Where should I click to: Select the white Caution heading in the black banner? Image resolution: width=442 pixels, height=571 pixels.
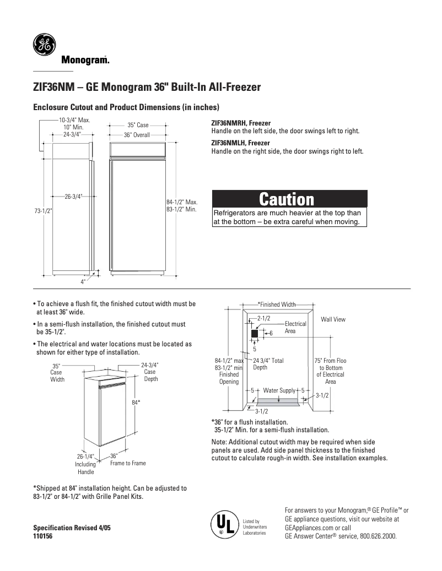tap(289, 199)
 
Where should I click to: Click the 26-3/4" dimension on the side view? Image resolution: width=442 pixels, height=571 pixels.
tap(73, 196)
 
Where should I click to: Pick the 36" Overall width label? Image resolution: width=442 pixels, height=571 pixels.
tap(137, 135)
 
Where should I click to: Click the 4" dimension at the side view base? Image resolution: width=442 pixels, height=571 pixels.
tap(83, 281)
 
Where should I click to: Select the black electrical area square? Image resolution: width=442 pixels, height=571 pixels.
tap(255, 334)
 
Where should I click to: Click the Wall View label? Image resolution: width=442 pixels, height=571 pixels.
tap(333, 319)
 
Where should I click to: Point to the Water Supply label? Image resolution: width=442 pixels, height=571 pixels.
tap(279, 390)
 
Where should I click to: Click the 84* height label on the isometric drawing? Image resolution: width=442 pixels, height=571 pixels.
tap(136, 403)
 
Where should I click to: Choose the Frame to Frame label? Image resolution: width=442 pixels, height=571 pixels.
tap(128, 463)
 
